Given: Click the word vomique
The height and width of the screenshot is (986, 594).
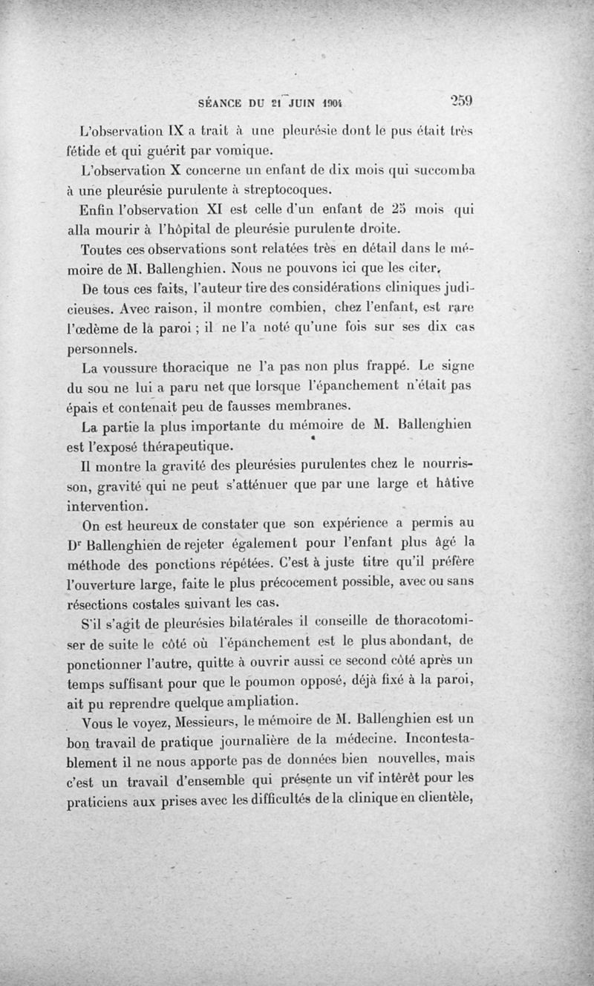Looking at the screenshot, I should (228, 151).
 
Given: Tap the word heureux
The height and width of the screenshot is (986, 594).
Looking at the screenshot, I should (154, 526).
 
